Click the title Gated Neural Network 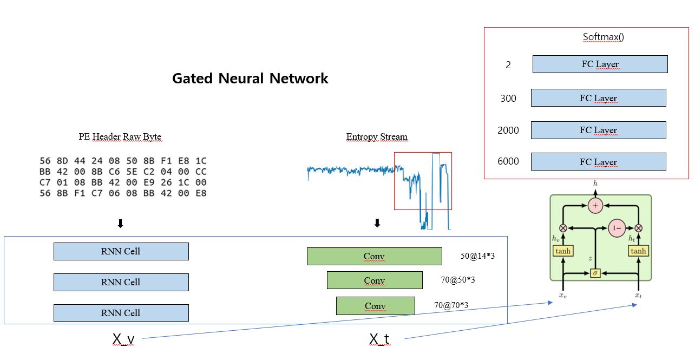click(x=250, y=78)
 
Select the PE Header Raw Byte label click(x=120, y=137)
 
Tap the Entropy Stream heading click(x=377, y=137)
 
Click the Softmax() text click(x=603, y=37)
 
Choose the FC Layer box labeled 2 click(x=600, y=64)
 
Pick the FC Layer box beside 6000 click(x=598, y=162)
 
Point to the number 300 click(x=508, y=99)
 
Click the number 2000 click(x=508, y=130)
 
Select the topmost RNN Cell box click(x=121, y=251)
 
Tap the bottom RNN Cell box click(x=121, y=313)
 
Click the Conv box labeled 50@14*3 click(x=374, y=257)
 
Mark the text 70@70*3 click(x=451, y=305)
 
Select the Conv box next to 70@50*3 click(x=374, y=280)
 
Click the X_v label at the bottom click(x=123, y=339)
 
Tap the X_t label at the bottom click(x=379, y=339)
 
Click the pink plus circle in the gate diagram click(x=595, y=206)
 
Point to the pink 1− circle click(x=617, y=228)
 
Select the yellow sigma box click(x=595, y=273)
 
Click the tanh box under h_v click(x=563, y=251)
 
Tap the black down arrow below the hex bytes click(x=121, y=224)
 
